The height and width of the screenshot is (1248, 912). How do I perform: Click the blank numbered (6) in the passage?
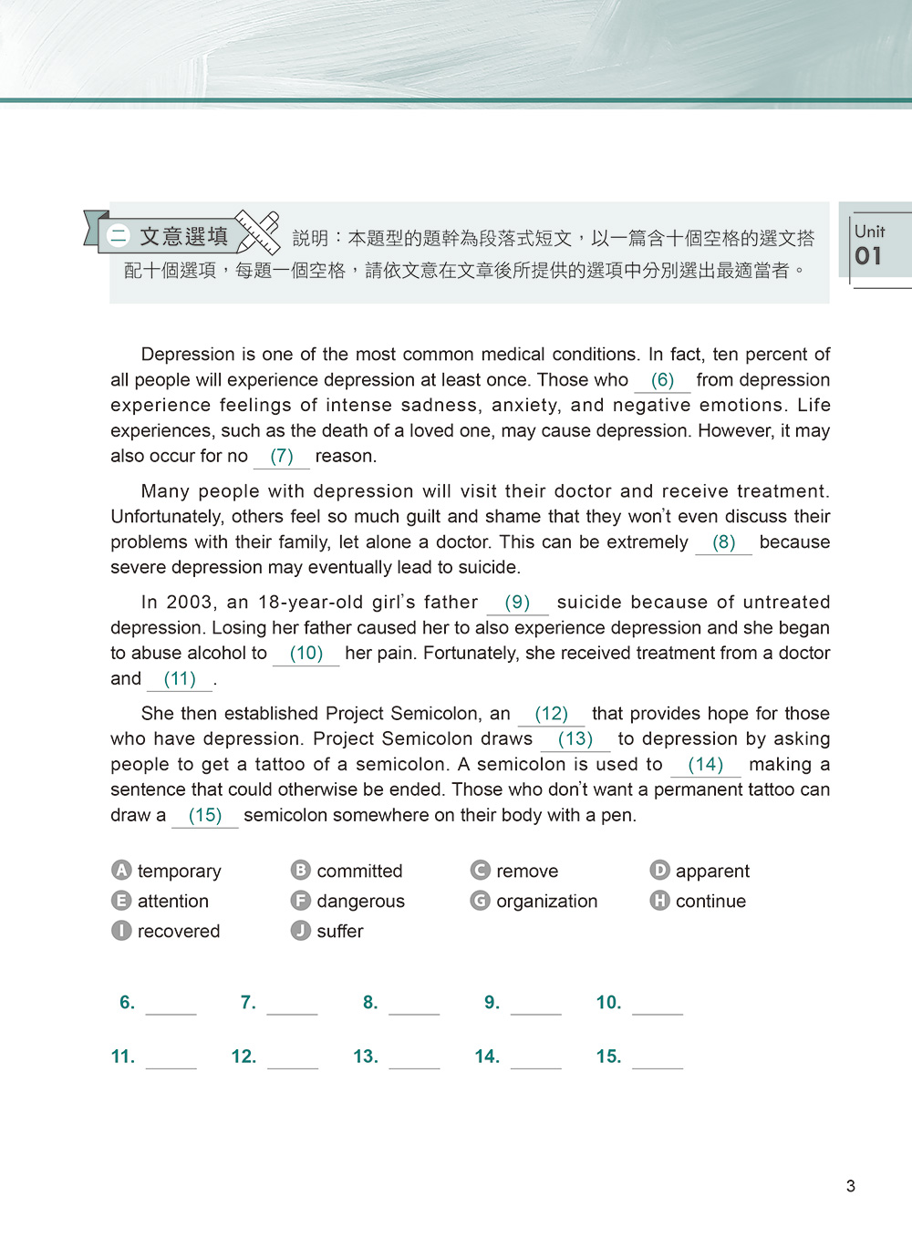[x=662, y=380]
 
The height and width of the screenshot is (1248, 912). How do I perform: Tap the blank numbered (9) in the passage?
[x=517, y=603]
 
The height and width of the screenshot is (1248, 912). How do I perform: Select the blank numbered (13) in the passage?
[x=575, y=739]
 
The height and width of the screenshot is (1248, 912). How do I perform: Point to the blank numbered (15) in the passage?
[x=205, y=816]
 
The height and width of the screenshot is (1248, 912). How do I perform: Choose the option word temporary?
[x=179, y=872]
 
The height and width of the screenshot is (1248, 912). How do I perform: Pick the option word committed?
[x=359, y=872]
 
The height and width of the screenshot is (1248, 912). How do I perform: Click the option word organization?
[x=546, y=902]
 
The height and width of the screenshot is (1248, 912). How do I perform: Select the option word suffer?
[x=339, y=932]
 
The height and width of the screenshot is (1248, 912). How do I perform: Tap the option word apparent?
[x=712, y=872]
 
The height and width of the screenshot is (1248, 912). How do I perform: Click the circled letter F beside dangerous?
[x=300, y=901]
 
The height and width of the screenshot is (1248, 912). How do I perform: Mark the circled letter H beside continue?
[x=659, y=901]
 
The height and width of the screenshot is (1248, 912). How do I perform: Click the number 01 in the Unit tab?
[x=868, y=256]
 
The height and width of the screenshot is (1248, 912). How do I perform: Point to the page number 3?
[x=851, y=1186]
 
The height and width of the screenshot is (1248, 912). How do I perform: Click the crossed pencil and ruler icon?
[x=257, y=232]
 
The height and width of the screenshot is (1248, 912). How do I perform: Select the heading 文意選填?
[x=183, y=237]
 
